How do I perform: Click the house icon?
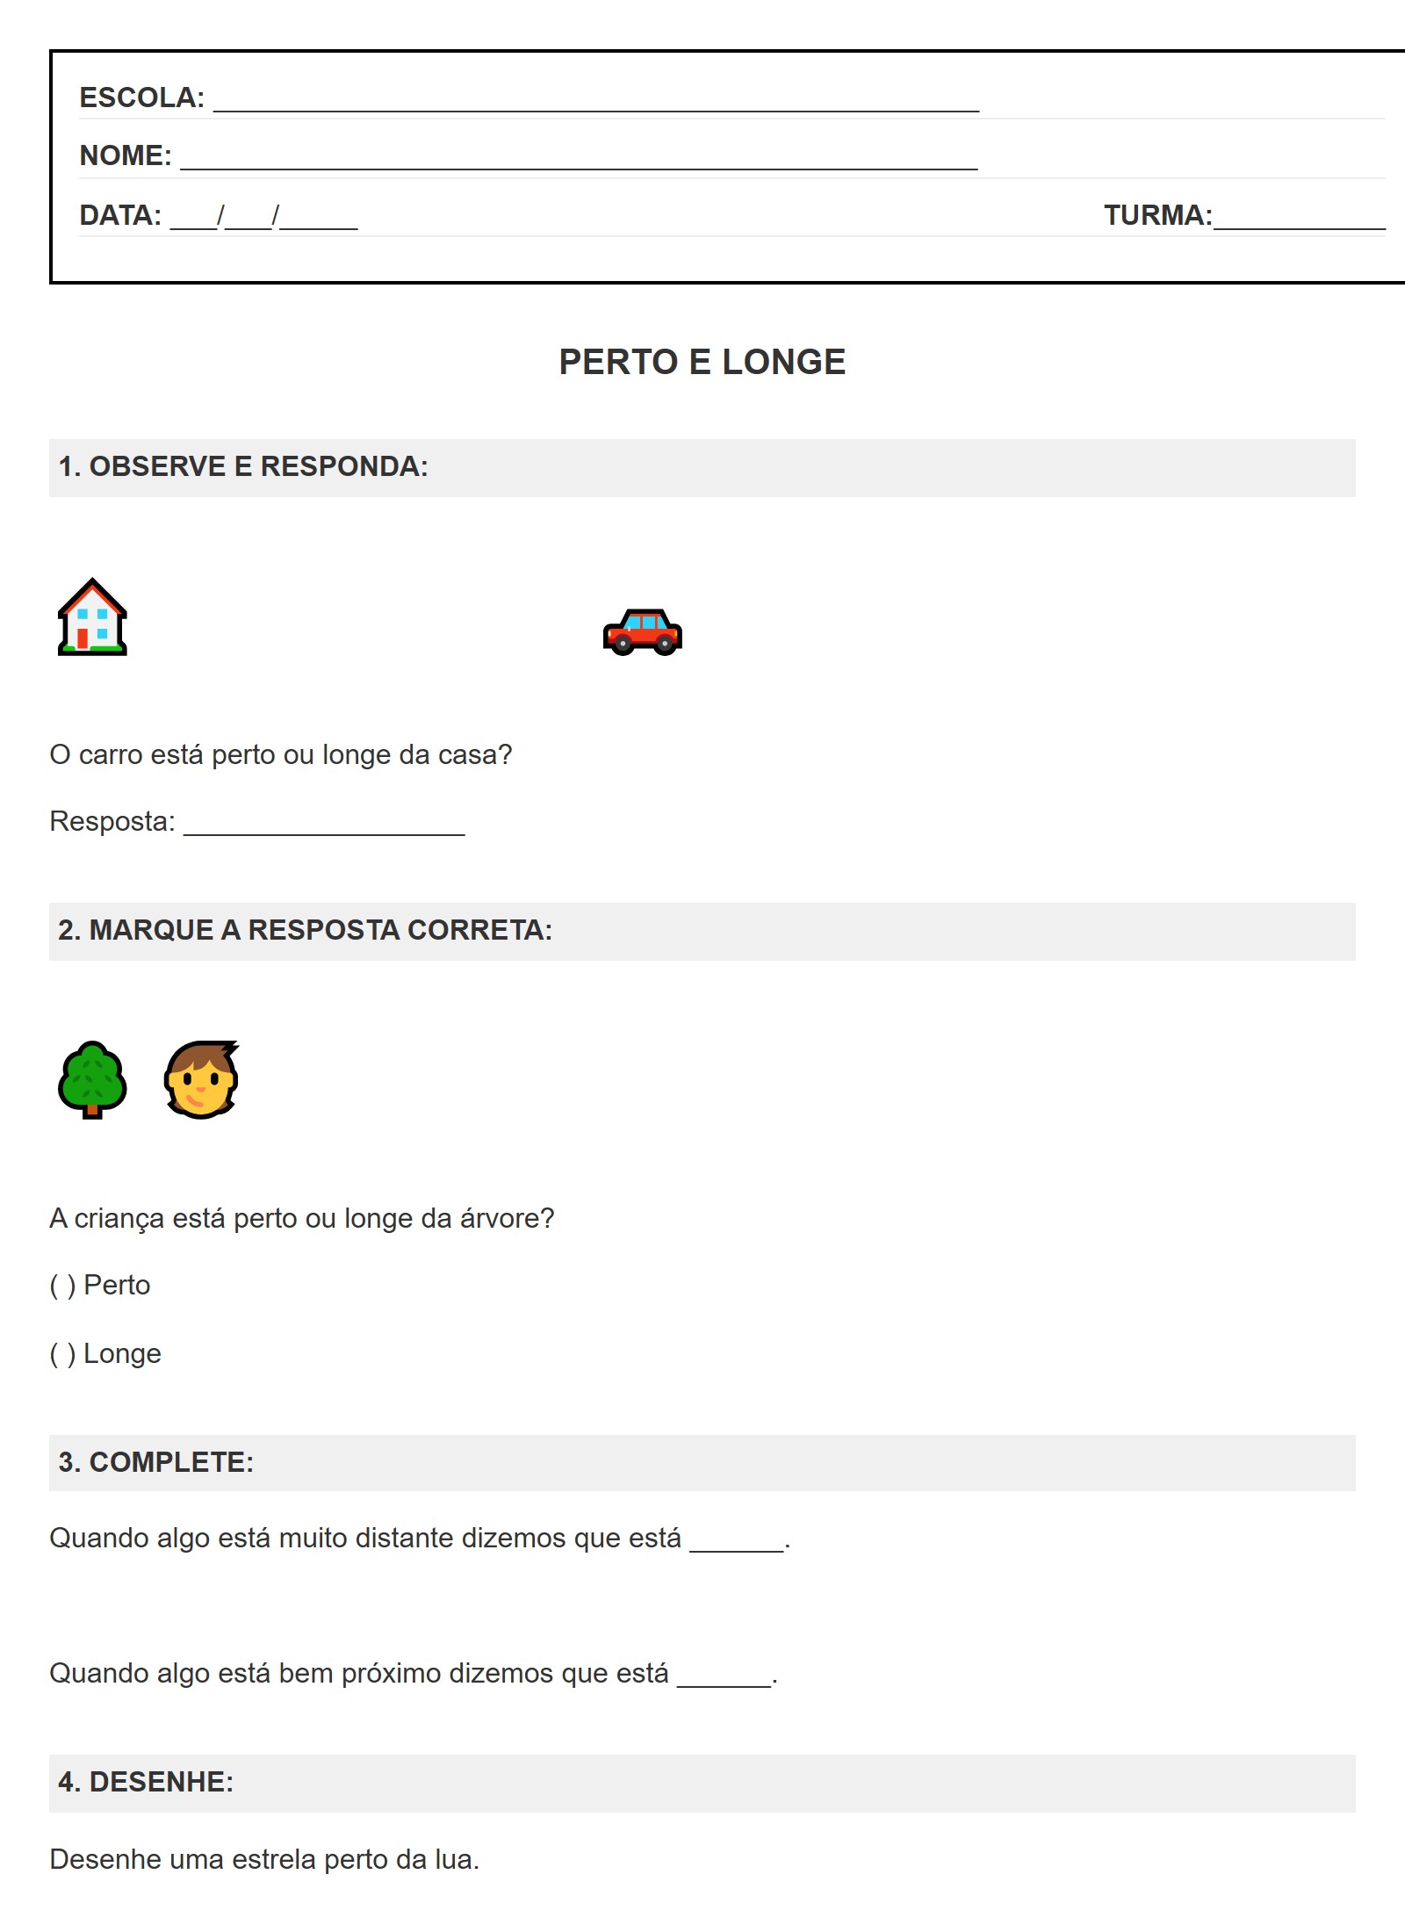click(x=92, y=617)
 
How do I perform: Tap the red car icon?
click(x=642, y=632)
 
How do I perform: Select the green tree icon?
click(x=92, y=1079)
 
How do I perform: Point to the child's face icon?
click(x=201, y=1079)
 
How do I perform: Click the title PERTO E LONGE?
click(x=702, y=362)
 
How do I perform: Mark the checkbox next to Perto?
click(x=62, y=1286)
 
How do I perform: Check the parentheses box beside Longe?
click(x=62, y=1354)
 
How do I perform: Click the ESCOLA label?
click(x=141, y=97)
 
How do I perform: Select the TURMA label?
click(x=1156, y=215)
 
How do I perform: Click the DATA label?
click(x=120, y=215)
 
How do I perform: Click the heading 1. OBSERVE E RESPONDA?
click(x=243, y=466)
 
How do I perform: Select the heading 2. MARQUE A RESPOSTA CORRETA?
click(x=305, y=930)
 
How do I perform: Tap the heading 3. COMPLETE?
click(x=155, y=1462)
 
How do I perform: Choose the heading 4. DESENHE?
click(x=146, y=1782)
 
